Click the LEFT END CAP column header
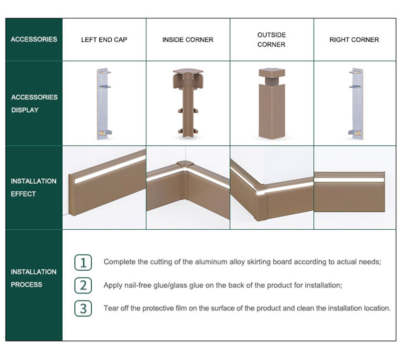104,40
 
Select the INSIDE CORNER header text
187,40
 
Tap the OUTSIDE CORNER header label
271,40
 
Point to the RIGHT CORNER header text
354,40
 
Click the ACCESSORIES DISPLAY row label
34,104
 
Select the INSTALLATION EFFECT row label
34,188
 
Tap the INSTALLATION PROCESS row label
34,278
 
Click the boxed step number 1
83,262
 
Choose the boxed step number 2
83,285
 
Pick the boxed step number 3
83,308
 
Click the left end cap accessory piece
103,104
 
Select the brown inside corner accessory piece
188,103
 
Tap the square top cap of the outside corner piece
272,72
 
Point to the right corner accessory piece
356,104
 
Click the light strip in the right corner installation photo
349,180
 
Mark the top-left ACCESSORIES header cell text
34,40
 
